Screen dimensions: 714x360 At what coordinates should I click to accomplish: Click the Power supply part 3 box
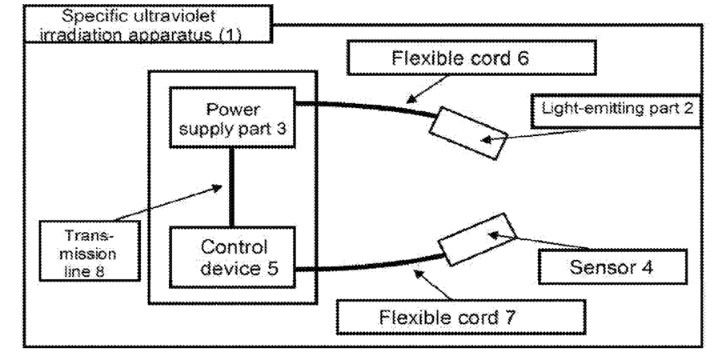(x=232, y=118)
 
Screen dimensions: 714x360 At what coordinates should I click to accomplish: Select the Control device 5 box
(x=232, y=257)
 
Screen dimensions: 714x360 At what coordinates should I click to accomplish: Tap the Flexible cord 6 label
(x=471, y=58)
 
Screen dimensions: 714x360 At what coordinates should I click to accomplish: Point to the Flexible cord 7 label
(x=461, y=317)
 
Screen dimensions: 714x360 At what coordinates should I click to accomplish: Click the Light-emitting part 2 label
(x=617, y=110)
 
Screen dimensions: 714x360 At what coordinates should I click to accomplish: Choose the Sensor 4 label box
(x=612, y=266)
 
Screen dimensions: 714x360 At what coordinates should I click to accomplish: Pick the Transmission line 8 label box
(x=90, y=250)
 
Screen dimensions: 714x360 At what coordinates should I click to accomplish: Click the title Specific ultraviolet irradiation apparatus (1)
(x=148, y=24)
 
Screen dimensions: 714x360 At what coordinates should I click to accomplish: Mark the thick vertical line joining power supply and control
(x=231, y=187)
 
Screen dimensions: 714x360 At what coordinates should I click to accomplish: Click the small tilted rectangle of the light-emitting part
(x=468, y=134)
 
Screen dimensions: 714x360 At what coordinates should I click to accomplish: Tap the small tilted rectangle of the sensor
(x=477, y=239)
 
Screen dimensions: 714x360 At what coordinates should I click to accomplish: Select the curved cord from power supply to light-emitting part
(x=364, y=107)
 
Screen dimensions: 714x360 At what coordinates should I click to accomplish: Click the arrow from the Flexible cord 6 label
(x=427, y=89)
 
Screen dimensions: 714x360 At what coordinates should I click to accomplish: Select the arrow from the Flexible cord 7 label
(x=433, y=286)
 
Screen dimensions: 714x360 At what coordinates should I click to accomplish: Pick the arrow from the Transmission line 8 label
(x=167, y=203)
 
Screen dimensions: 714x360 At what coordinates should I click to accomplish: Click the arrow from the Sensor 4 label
(x=540, y=242)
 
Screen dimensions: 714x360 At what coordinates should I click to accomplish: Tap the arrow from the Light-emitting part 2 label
(x=533, y=136)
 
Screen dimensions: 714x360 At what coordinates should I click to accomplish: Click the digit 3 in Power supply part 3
(x=281, y=128)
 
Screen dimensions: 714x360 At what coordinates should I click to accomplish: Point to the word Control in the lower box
(x=234, y=247)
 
